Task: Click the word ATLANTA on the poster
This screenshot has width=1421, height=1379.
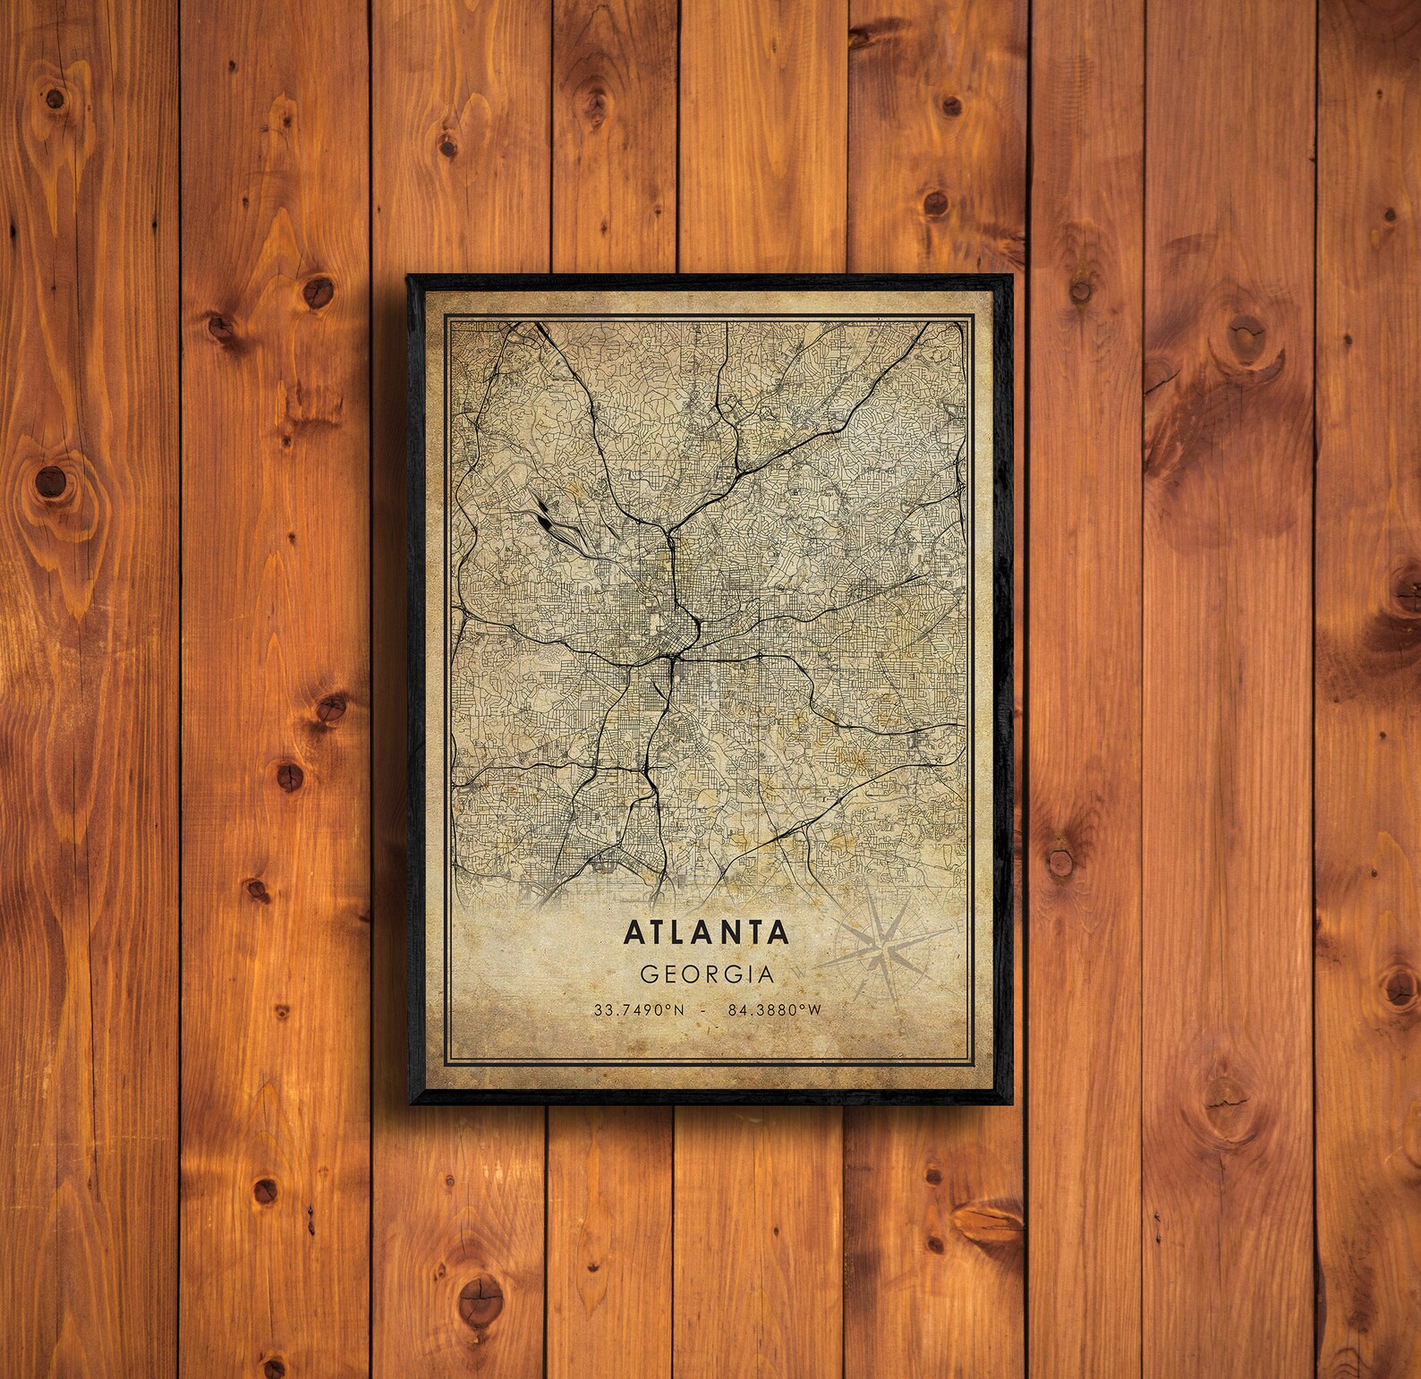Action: pos(706,932)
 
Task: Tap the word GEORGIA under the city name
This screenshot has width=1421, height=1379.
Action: pos(706,972)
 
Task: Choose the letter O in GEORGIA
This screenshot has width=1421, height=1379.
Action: pos(686,972)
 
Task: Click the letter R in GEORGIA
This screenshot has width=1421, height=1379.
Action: pos(709,972)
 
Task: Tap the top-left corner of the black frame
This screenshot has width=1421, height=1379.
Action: pos(409,277)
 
